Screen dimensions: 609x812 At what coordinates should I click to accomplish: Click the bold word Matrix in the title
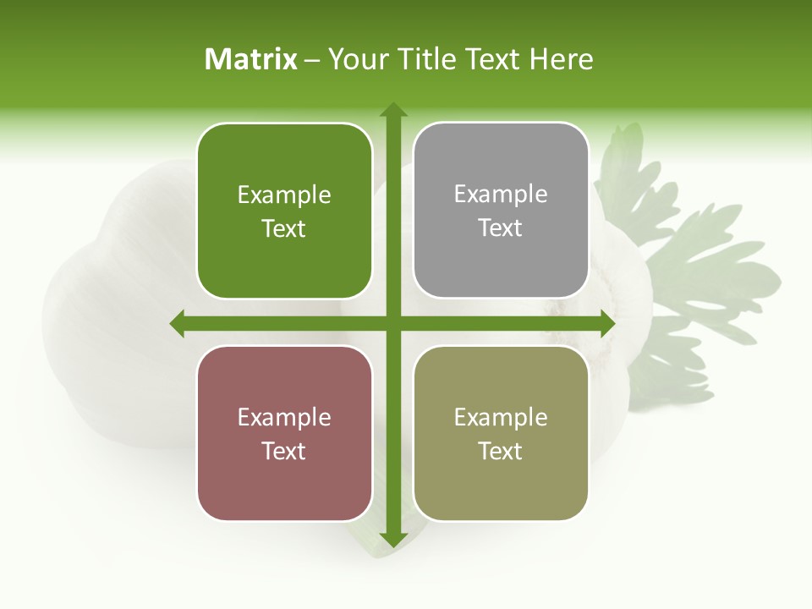pos(251,59)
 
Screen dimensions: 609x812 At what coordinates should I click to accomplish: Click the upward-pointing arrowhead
pos(392,110)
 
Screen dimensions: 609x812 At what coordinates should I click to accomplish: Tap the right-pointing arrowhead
pos(606,323)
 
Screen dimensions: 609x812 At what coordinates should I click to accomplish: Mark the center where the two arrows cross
pos(392,323)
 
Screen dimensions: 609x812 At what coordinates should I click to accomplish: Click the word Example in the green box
pos(284,195)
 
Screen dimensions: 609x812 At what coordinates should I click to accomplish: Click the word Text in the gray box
pos(501,228)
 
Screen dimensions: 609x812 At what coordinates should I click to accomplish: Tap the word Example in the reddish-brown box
pos(284,418)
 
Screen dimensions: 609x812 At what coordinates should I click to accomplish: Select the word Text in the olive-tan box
pos(501,451)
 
